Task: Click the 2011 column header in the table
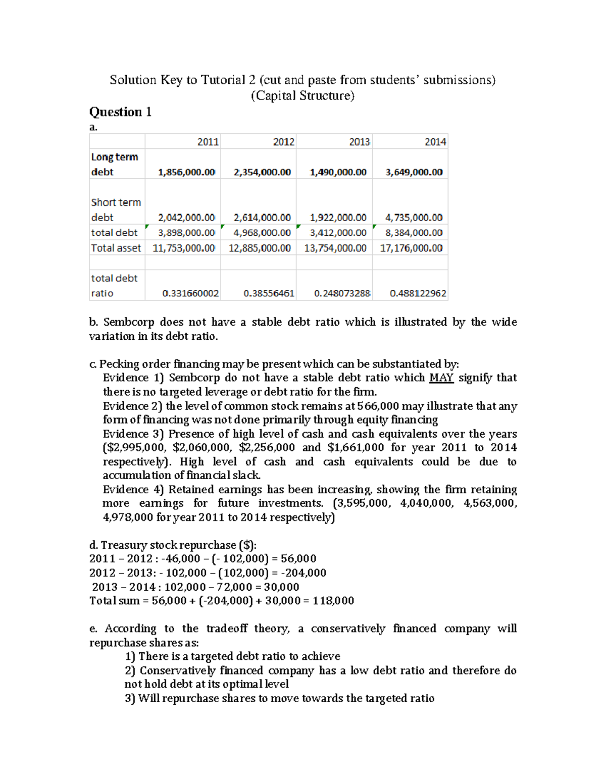(x=208, y=142)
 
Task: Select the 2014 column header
(x=435, y=142)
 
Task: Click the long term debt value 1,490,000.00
(x=338, y=172)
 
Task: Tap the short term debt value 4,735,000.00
(x=414, y=218)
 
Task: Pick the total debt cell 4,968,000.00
(x=262, y=233)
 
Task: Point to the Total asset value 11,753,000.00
(x=184, y=248)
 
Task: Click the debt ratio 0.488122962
(x=418, y=293)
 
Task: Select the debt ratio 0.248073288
(x=342, y=293)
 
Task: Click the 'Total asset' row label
(x=116, y=248)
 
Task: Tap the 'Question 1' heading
(x=120, y=112)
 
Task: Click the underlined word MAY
(x=441, y=378)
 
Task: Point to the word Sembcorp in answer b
(x=128, y=322)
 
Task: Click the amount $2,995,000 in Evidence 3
(x=133, y=447)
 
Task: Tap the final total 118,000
(x=333, y=601)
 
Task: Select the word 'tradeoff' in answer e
(x=227, y=629)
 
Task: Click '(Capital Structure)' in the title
(x=302, y=95)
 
